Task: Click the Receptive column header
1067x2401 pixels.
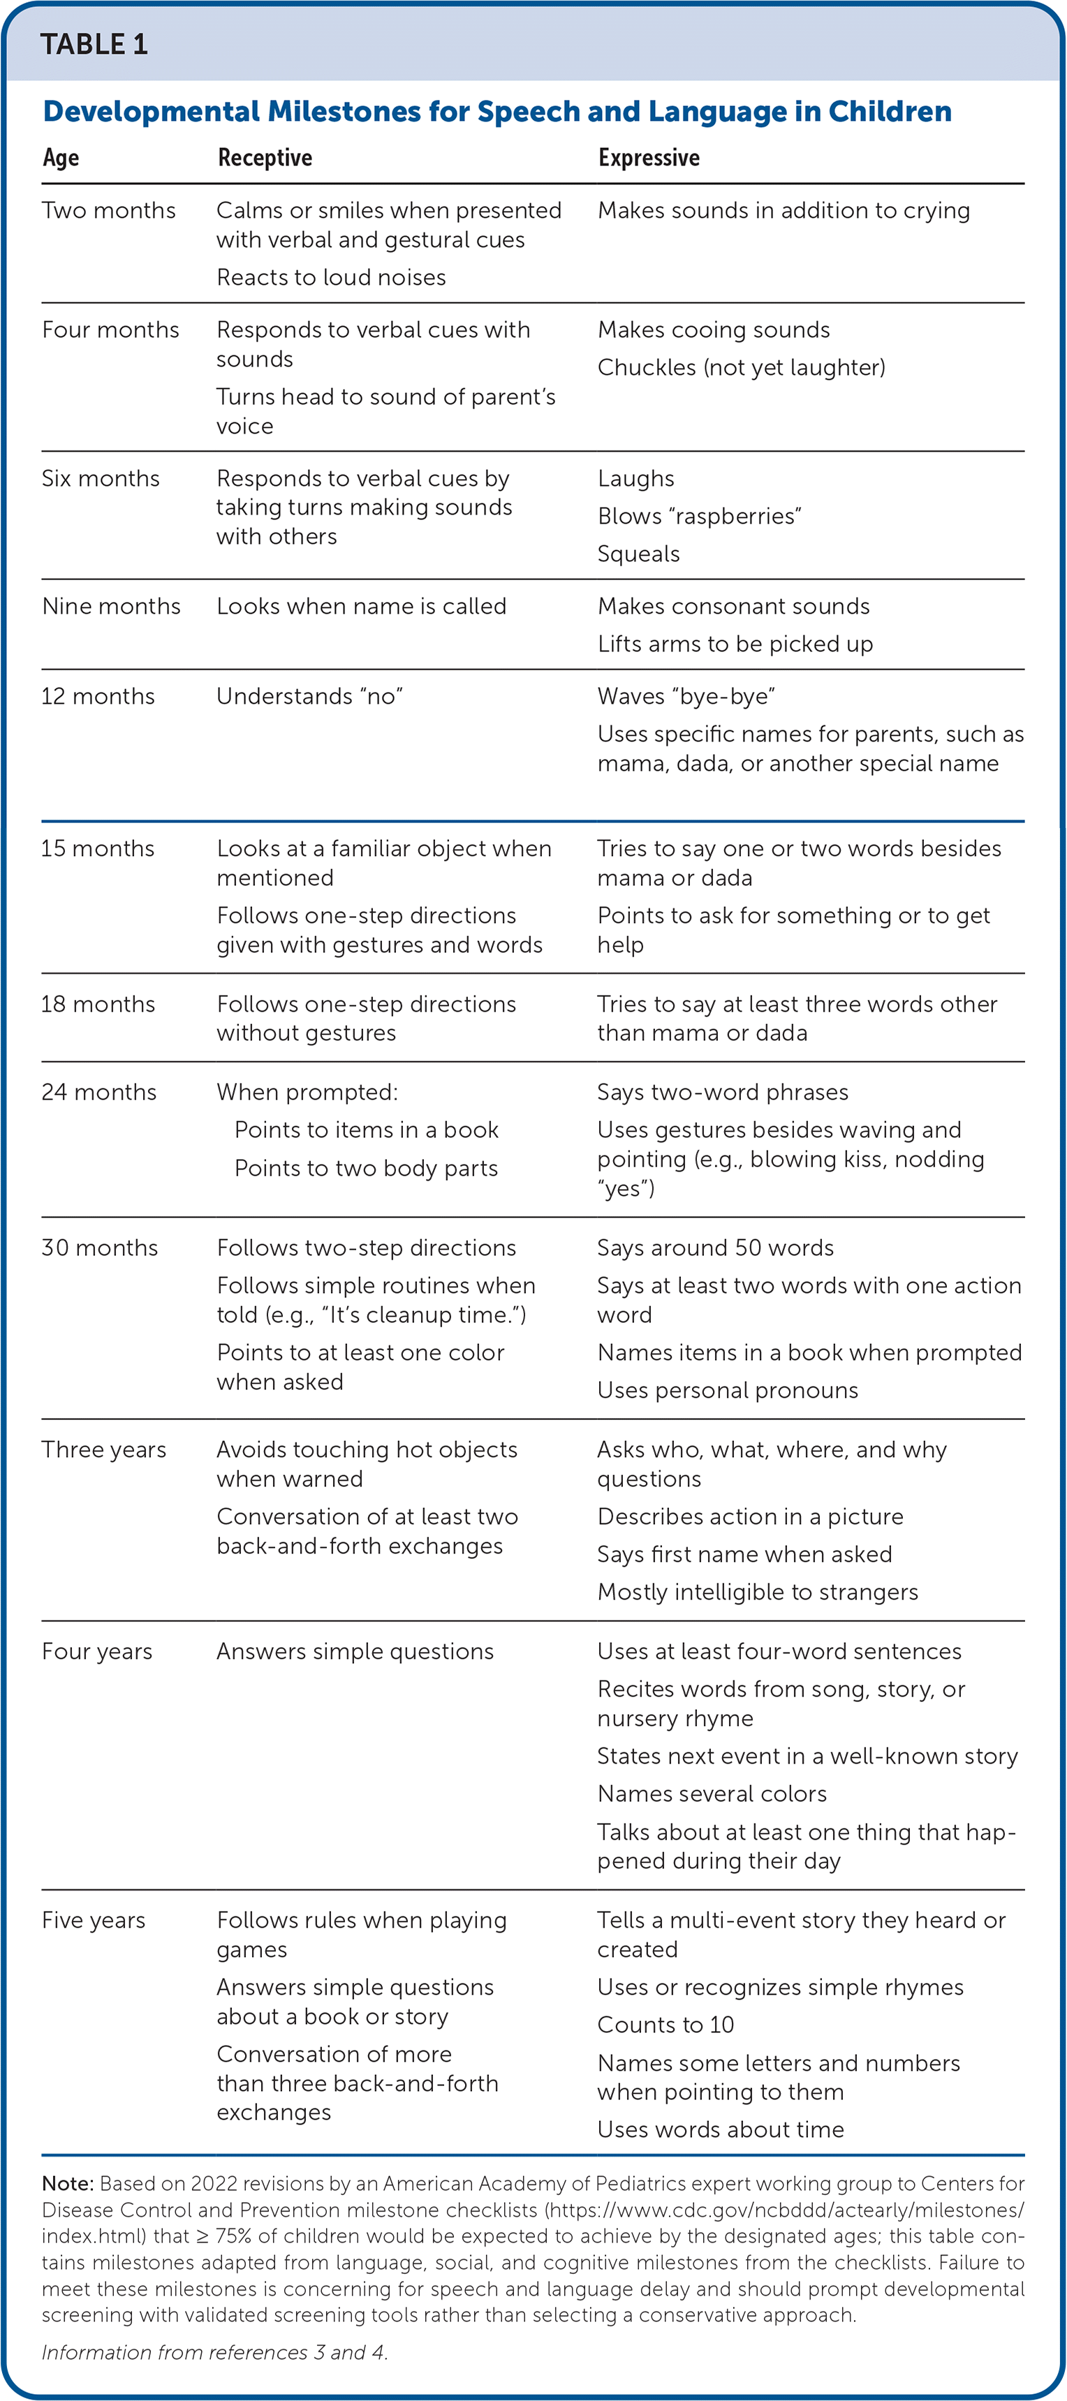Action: click(x=265, y=158)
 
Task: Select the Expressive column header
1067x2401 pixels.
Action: click(x=649, y=158)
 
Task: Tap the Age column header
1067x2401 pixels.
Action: click(x=61, y=158)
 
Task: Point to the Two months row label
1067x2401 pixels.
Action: click(x=108, y=211)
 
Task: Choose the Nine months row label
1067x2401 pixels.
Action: click(x=111, y=606)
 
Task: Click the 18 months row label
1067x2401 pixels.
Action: click(x=98, y=1004)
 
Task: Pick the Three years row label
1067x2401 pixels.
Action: click(x=103, y=1449)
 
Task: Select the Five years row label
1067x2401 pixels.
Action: click(x=93, y=1920)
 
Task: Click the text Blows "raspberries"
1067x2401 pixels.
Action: click(x=699, y=517)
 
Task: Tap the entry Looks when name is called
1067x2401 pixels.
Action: click(x=360, y=606)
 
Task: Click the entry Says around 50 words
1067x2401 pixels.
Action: click(x=715, y=1248)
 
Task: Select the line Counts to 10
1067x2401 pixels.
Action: click(x=665, y=2025)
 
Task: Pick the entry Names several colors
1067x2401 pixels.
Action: click(x=712, y=1794)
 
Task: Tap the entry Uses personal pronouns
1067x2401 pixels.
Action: click(x=727, y=1390)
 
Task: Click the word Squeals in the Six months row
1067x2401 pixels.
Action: click(x=638, y=554)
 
